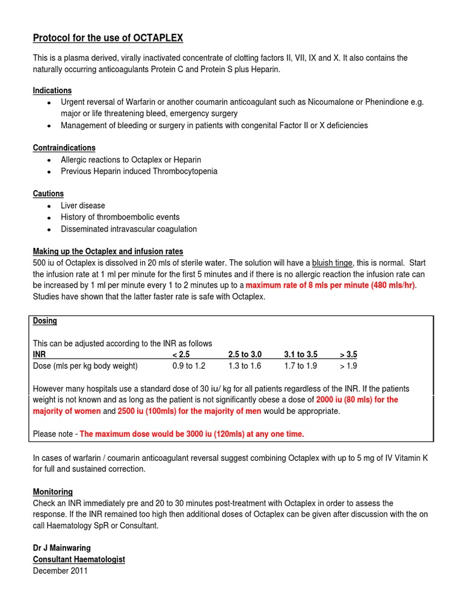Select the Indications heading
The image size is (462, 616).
[x=52, y=91]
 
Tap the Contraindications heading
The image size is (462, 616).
[x=64, y=148]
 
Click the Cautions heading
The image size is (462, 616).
[x=48, y=194]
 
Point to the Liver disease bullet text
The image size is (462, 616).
[x=83, y=206]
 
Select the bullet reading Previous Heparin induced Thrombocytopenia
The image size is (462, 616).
[x=139, y=171]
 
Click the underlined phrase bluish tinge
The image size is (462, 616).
[x=333, y=263]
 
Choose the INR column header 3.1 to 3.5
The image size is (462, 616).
[x=301, y=355]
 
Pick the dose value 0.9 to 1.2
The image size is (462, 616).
[x=189, y=366]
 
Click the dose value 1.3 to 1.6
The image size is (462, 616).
[x=245, y=366]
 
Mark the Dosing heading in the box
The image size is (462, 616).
[x=45, y=321]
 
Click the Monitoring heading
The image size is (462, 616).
[x=53, y=491]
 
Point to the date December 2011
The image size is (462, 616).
[x=60, y=571]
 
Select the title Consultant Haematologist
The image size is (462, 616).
[x=79, y=559]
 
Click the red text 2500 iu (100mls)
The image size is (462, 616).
[x=145, y=411]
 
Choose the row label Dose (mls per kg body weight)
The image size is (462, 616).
[x=85, y=366]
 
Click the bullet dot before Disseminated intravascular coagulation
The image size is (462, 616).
[x=49, y=229]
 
